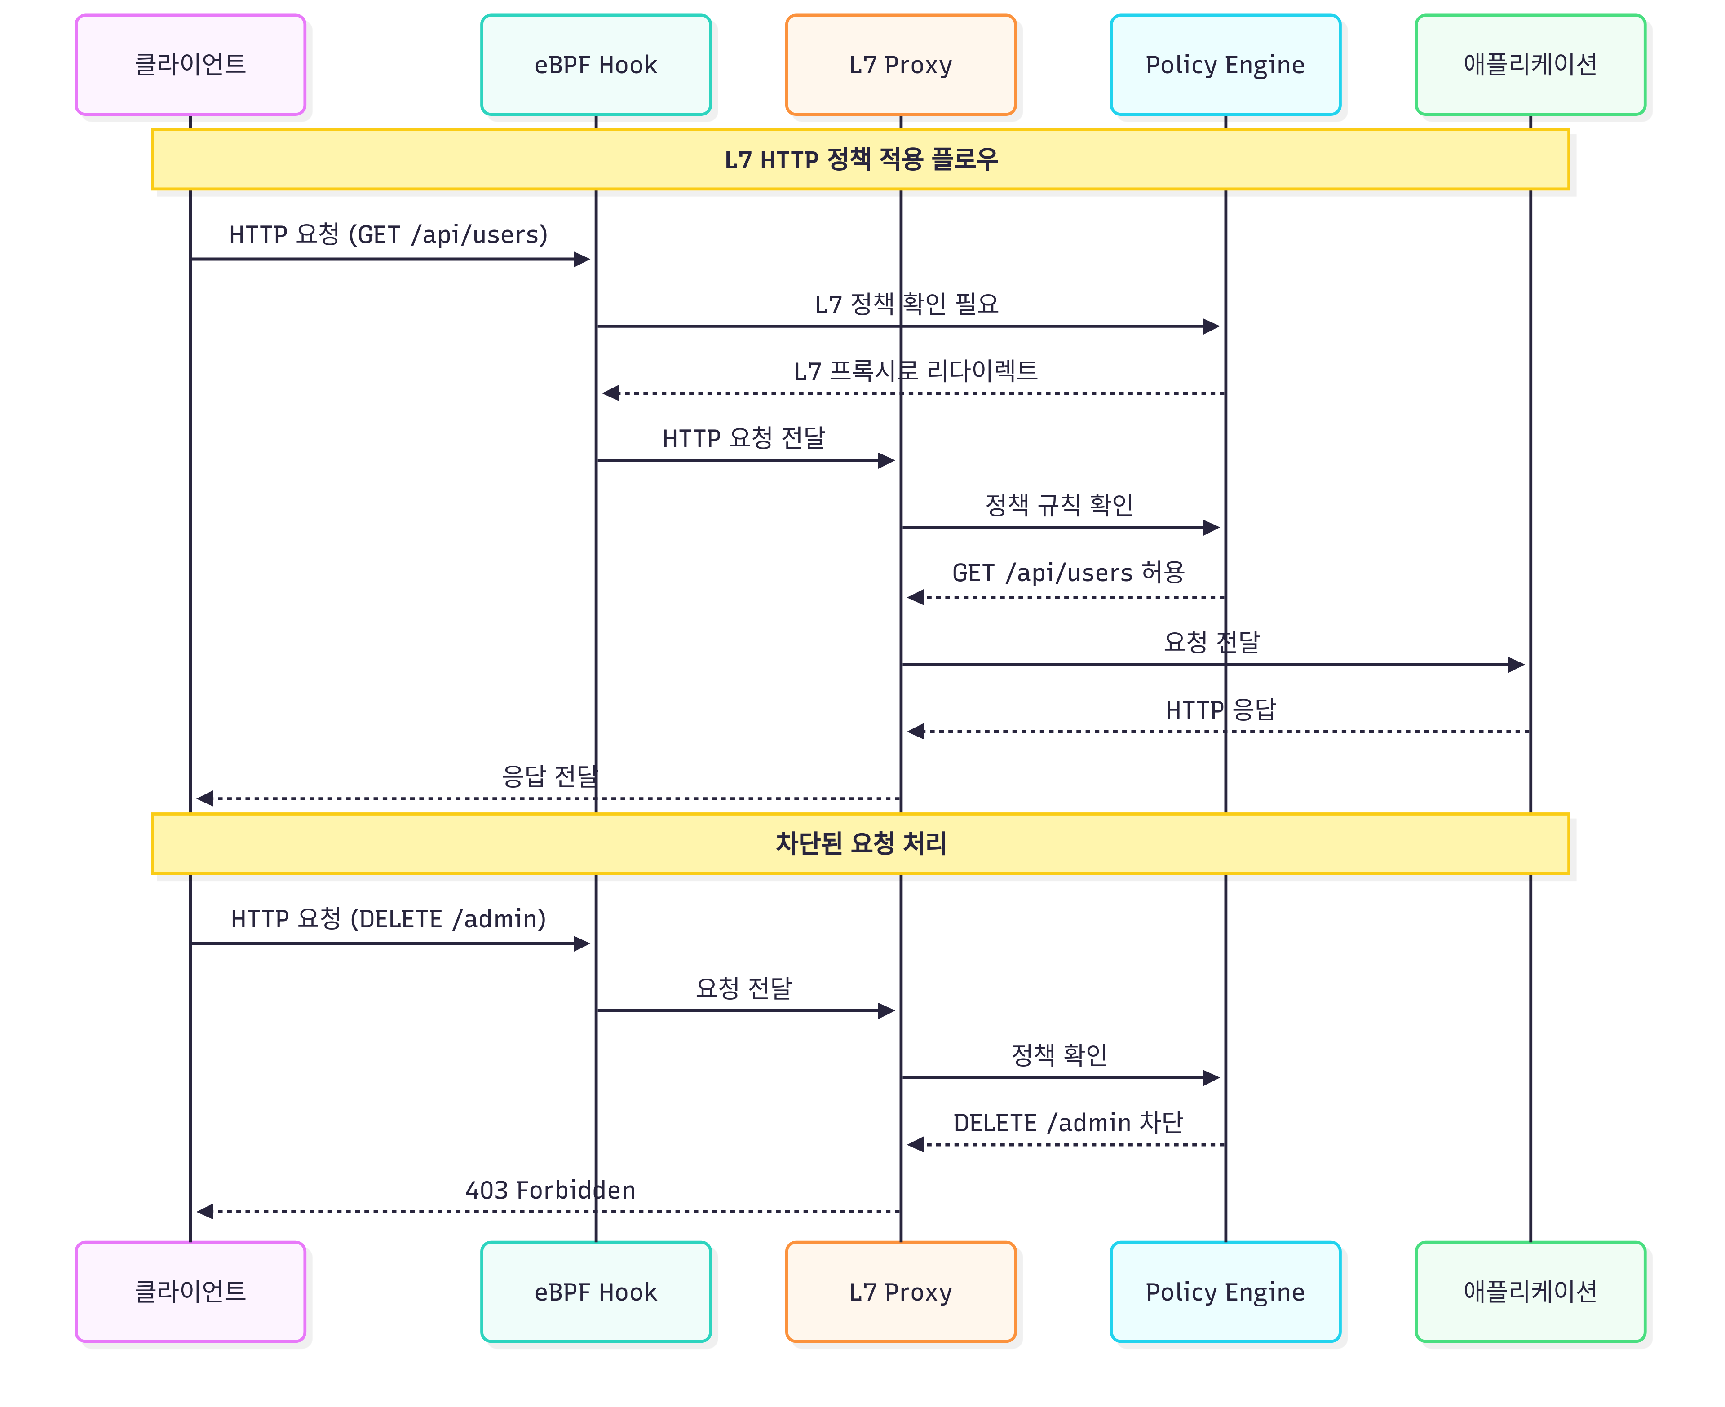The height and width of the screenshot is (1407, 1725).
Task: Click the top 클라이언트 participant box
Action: (x=190, y=65)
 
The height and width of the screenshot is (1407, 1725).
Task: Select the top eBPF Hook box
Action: (x=596, y=65)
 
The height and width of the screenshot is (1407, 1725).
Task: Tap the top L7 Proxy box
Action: (x=901, y=65)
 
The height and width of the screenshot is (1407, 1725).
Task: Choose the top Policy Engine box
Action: (x=1225, y=65)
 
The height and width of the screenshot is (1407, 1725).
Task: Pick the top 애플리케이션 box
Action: (x=1530, y=65)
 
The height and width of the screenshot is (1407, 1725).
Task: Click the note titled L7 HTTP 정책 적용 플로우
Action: (x=861, y=160)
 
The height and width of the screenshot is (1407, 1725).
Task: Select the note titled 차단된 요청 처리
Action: (x=861, y=844)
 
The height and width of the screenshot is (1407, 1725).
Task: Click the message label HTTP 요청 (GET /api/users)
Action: (x=388, y=234)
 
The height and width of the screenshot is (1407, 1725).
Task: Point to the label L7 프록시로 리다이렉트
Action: (x=915, y=370)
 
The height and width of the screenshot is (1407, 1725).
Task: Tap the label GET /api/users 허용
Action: (x=1068, y=572)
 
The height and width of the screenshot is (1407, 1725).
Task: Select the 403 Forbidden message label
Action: (x=550, y=1190)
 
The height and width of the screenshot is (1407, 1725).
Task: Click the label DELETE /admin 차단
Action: (x=1068, y=1123)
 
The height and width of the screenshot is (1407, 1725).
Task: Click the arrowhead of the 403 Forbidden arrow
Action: (x=204, y=1212)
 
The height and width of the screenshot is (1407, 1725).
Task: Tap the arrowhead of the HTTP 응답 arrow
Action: (x=915, y=732)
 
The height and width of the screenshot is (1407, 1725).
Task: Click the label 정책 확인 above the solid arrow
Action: (x=1059, y=1054)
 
